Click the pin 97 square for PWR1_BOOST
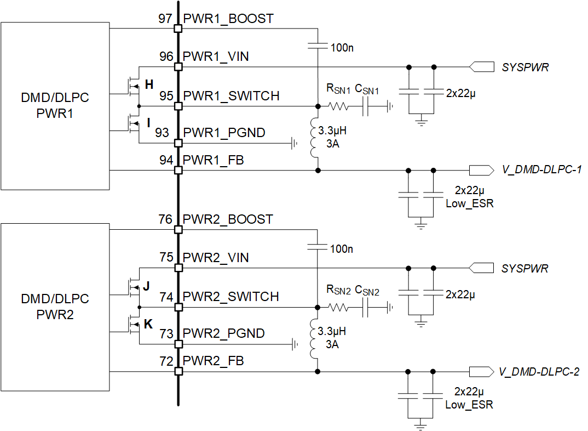[x=178, y=28]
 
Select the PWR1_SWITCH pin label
[x=231, y=96]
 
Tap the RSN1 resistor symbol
[x=338, y=106]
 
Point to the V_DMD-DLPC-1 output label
[x=541, y=170]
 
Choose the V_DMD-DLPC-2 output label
[x=539, y=372]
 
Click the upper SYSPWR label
[x=525, y=67]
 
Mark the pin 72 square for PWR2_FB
[x=178, y=372]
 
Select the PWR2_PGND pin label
[x=224, y=333]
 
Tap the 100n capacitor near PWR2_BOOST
[x=318, y=246]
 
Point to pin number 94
[x=165, y=160]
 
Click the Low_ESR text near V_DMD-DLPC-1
[x=469, y=203]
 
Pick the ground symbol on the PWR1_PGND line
[x=294, y=144]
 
